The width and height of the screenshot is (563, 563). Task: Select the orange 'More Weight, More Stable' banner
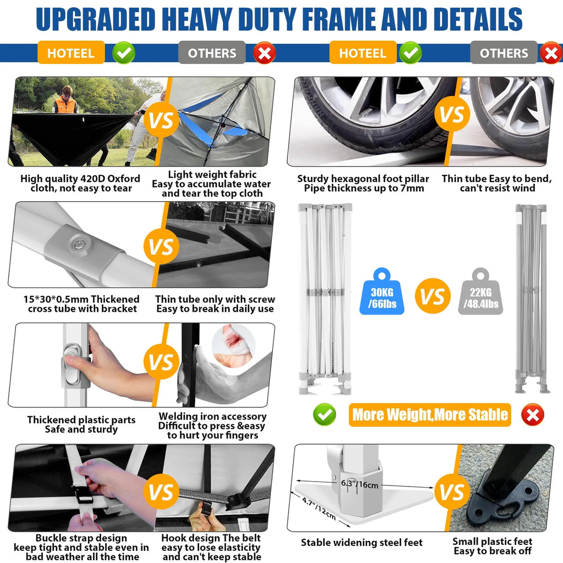[x=430, y=415]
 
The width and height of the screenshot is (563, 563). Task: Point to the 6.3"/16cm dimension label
[x=360, y=484]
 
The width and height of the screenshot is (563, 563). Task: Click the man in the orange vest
[x=65, y=100]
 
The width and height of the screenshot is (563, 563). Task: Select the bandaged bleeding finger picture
[x=233, y=344]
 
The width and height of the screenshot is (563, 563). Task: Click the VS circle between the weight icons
[x=433, y=296]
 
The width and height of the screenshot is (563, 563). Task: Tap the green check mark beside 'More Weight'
[x=324, y=415]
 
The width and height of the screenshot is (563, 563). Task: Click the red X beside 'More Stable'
[x=532, y=415]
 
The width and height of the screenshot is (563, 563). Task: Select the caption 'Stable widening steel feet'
[x=362, y=542]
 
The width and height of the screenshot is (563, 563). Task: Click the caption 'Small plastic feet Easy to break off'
[x=492, y=546]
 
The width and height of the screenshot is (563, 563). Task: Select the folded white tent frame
[x=325, y=299]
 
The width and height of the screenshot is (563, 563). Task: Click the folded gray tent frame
[x=532, y=299]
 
